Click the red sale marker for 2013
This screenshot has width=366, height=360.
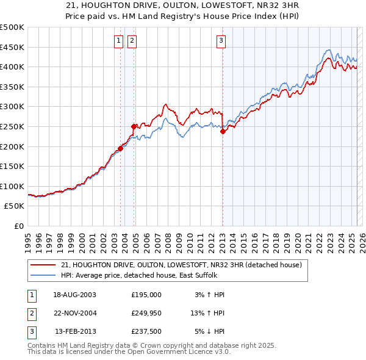pyautogui.click(x=223, y=131)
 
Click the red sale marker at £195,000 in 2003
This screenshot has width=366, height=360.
pyautogui.click(x=121, y=148)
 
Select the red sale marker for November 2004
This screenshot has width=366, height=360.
pyautogui.click(x=134, y=126)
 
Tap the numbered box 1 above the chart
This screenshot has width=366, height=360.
pyautogui.click(x=118, y=41)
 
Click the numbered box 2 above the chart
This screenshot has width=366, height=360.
pyautogui.click(x=132, y=41)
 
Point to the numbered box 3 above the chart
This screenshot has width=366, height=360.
pyautogui.click(x=221, y=41)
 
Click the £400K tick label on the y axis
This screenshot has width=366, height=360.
pyautogui.click(x=13, y=67)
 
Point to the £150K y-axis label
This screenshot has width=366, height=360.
pyautogui.click(x=13, y=166)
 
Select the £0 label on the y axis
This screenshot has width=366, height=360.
pyautogui.click(x=19, y=226)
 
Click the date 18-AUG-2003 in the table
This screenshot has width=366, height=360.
pyautogui.click(x=74, y=295)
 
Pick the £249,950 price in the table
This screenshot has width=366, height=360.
pyautogui.click(x=146, y=313)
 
